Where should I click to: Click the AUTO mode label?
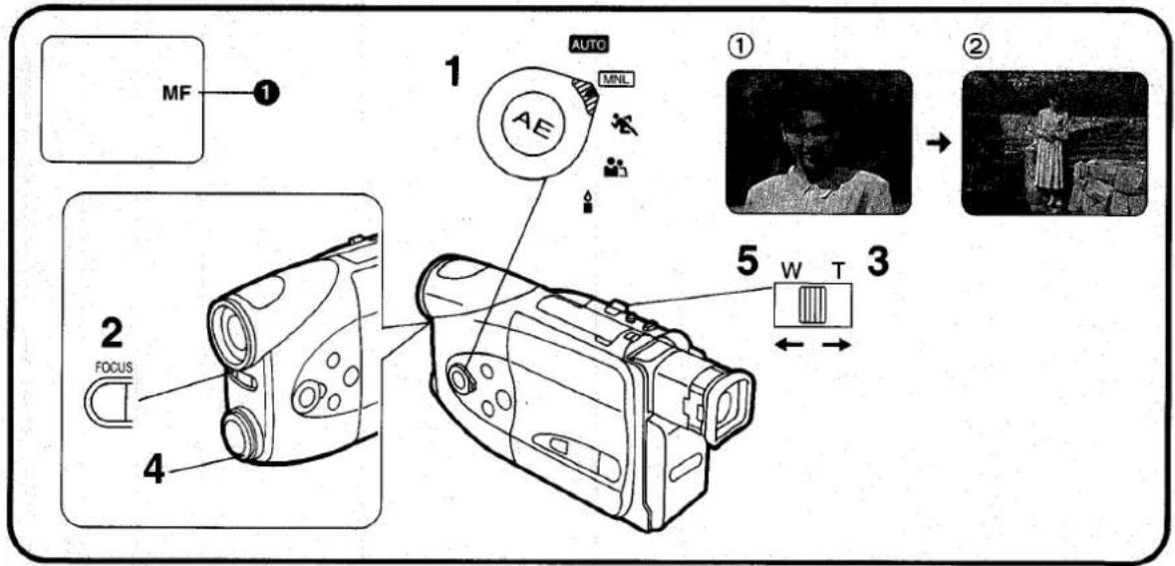pyautogui.click(x=589, y=44)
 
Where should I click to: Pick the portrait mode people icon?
pyautogui.click(x=615, y=166)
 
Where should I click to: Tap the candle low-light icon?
pyautogui.click(x=588, y=201)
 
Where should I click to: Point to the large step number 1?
pyautogui.click(x=451, y=72)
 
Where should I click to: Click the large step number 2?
pyautogui.click(x=112, y=334)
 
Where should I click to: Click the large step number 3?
pyautogui.click(x=877, y=262)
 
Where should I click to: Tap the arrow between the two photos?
pyautogui.click(x=938, y=143)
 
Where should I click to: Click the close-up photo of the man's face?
pyautogui.click(x=818, y=142)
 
